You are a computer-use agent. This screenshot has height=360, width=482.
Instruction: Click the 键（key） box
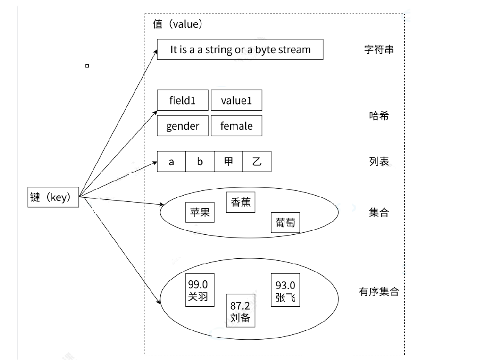coord(53,197)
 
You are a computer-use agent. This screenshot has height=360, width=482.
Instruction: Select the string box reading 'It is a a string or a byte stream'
coord(240,50)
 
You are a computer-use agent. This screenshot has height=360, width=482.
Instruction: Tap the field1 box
coord(183,100)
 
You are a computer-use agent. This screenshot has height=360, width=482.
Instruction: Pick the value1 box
coord(236,100)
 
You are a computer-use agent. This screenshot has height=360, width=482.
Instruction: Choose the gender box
coord(183,126)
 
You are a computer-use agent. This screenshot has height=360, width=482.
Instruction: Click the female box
coord(236,126)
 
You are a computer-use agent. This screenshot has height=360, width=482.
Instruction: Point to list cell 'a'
coord(171,161)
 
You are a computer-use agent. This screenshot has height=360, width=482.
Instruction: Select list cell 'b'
coord(200,161)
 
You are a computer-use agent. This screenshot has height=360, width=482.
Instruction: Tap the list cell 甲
coord(228,161)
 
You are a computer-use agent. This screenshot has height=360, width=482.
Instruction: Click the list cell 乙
coord(257,161)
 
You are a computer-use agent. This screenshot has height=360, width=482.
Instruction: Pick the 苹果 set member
coord(200,212)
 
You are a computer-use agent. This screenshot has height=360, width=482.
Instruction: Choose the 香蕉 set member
coord(240,202)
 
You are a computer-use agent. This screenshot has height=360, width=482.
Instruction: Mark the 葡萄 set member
coord(285,223)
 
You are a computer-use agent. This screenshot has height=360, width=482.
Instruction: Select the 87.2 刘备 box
coord(240,311)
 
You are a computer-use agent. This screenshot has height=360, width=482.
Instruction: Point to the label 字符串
coord(379,50)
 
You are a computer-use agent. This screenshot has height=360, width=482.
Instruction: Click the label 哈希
coord(379,116)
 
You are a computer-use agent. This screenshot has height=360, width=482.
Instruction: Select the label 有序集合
coord(379,291)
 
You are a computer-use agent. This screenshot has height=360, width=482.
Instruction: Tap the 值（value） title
coord(178,24)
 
